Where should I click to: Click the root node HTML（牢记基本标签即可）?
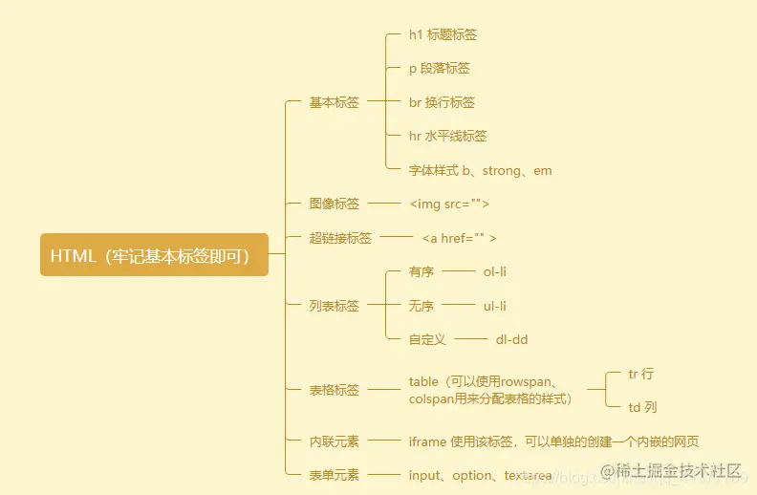pos(154,255)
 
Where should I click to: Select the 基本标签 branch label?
pos(334,102)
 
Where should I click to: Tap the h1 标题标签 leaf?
pos(443,35)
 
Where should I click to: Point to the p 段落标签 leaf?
pos(439,69)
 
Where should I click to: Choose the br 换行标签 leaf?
pos(442,102)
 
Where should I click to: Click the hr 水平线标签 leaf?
pos(447,137)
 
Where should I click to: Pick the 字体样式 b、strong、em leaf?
pos(480,171)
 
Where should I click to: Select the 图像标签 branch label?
pos(334,204)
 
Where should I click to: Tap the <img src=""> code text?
pos(449,204)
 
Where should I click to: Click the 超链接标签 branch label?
pos(339,238)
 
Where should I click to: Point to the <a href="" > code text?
pos(459,238)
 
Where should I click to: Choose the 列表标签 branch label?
pos(334,306)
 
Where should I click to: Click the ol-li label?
pos(494,271)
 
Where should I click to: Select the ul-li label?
pos(494,306)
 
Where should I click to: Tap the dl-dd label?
pos(511,339)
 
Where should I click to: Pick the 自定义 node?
pos(427,339)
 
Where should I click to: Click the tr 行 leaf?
pos(640,374)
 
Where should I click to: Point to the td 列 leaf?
pos(642,407)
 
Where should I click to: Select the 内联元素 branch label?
pos(334,441)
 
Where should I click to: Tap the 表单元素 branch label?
pos(334,475)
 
